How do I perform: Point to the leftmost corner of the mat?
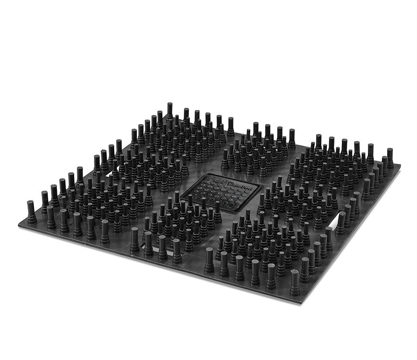coord(19,223)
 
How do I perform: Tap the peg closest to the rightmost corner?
coord(390,157)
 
